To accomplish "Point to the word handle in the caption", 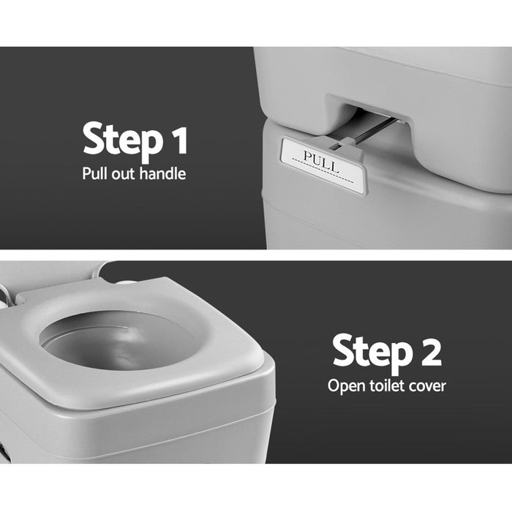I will pos(164,174).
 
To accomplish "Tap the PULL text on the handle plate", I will pos(321,162).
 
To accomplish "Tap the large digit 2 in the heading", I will pos(427,350).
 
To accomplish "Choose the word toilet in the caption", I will pos(387,385).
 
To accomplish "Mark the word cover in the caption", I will pos(428,385).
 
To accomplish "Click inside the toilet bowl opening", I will pos(117,340).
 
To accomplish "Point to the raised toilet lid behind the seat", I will pos(44,274).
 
